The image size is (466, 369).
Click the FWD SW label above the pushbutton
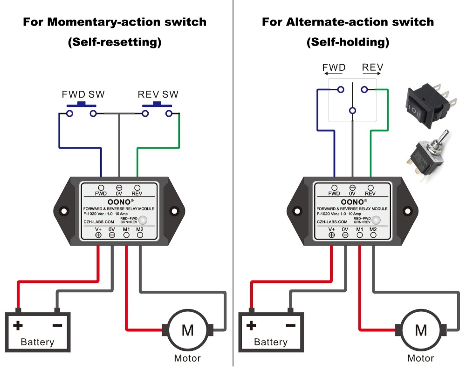(x=83, y=94)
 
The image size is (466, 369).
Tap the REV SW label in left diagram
(x=158, y=94)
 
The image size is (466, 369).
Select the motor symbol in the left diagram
(x=187, y=330)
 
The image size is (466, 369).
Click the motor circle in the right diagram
(x=421, y=330)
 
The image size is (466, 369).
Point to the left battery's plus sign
(x=18, y=325)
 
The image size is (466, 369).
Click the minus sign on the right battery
(x=290, y=325)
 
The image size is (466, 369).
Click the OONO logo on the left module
(x=119, y=202)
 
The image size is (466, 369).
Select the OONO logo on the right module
(x=353, y=202)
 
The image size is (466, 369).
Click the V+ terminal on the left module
(x=98, y=235)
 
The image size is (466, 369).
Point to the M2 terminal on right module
(x=373, y=235)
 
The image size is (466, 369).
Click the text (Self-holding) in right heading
(x=348, y=42)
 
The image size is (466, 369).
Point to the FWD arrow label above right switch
(x=334, y=68)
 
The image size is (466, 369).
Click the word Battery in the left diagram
(x=37, y=342)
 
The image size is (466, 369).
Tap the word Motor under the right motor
(x=420, y=358)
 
